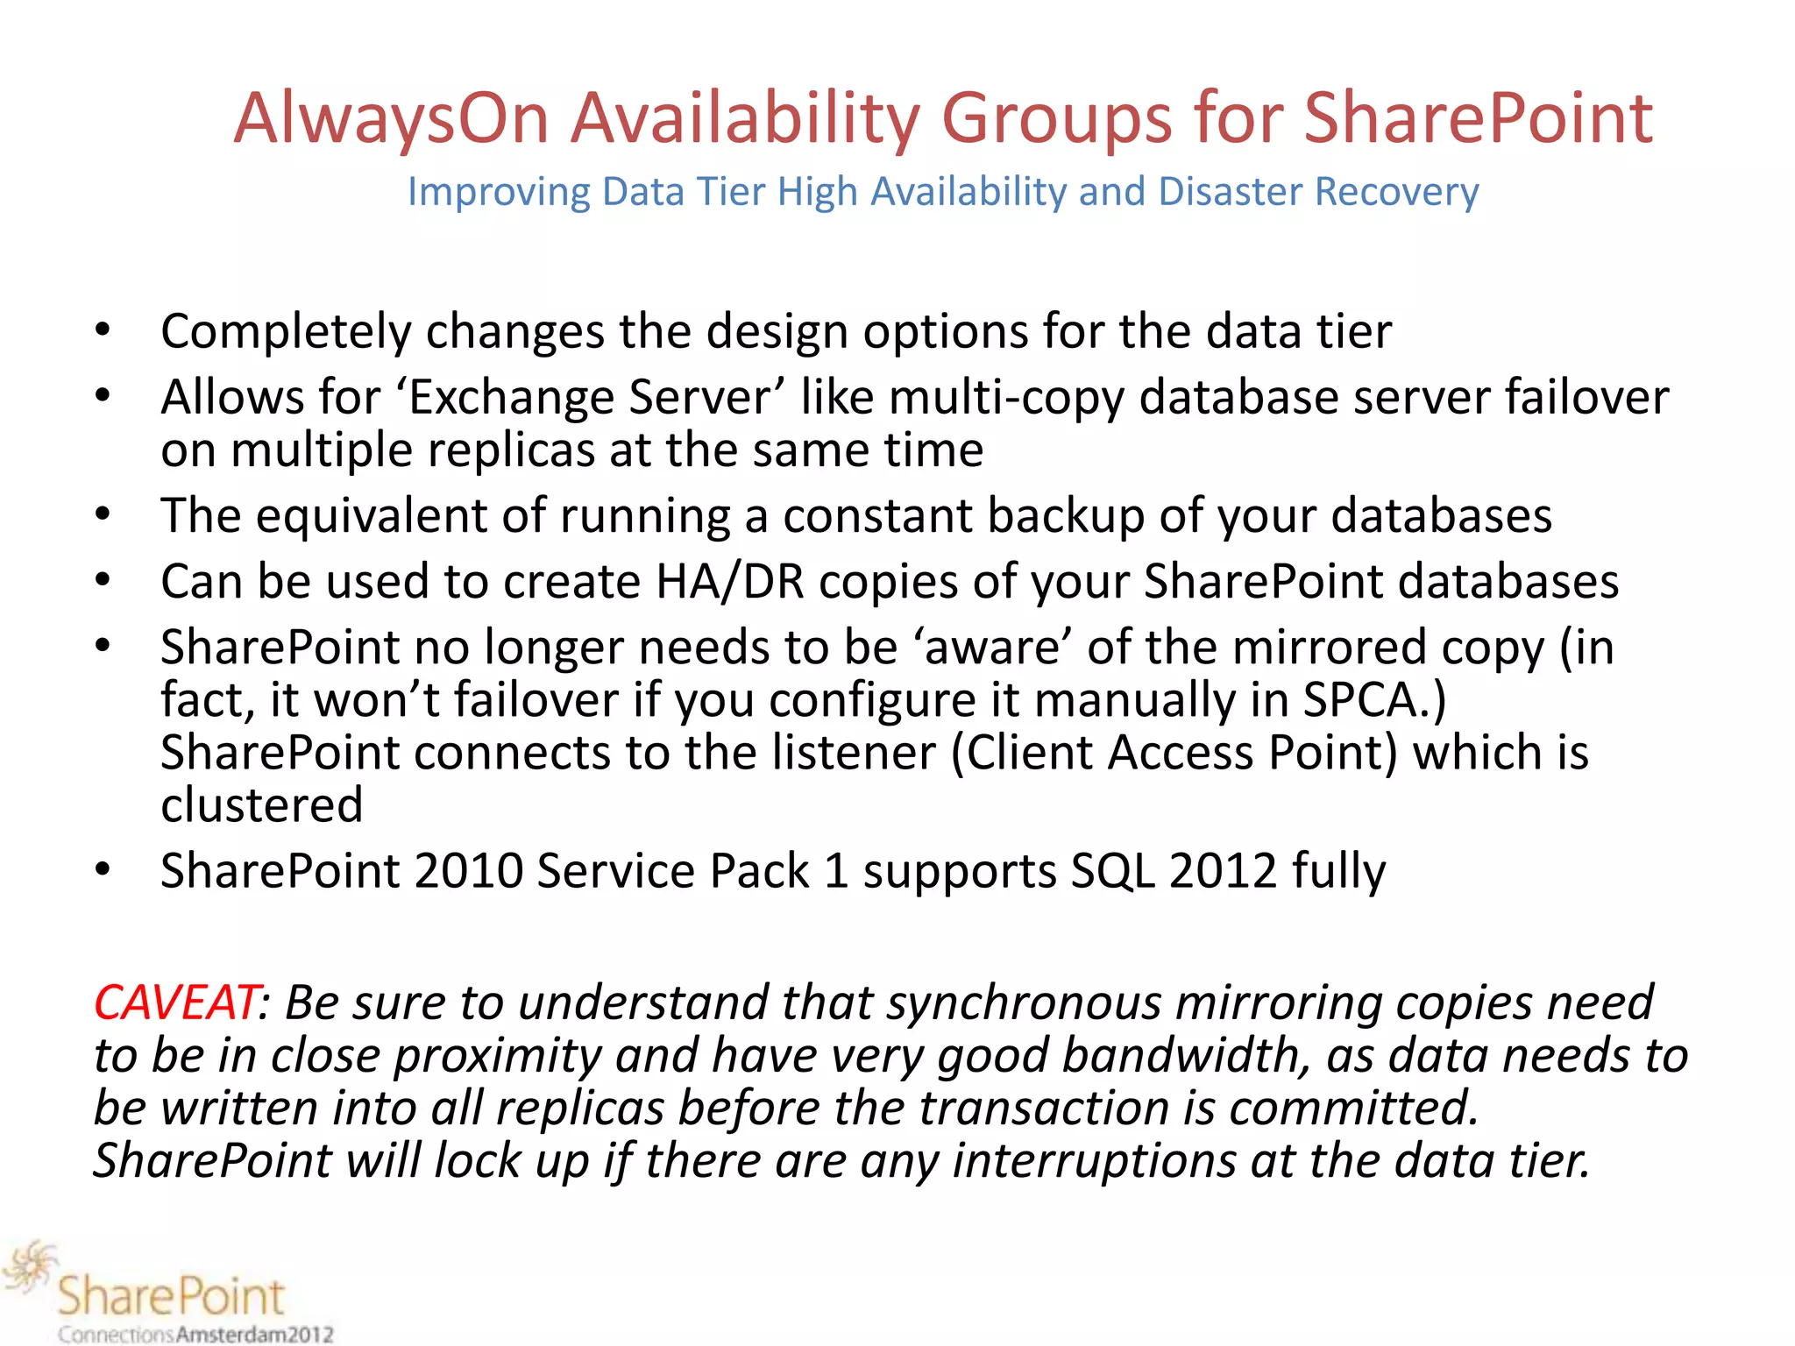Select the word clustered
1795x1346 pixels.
pyautogui.click(x=261, y=805)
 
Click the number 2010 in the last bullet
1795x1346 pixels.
pyautogui.click(x=468, y=871)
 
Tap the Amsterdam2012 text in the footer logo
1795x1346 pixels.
pyautogui.click(x=254, y=1335)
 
